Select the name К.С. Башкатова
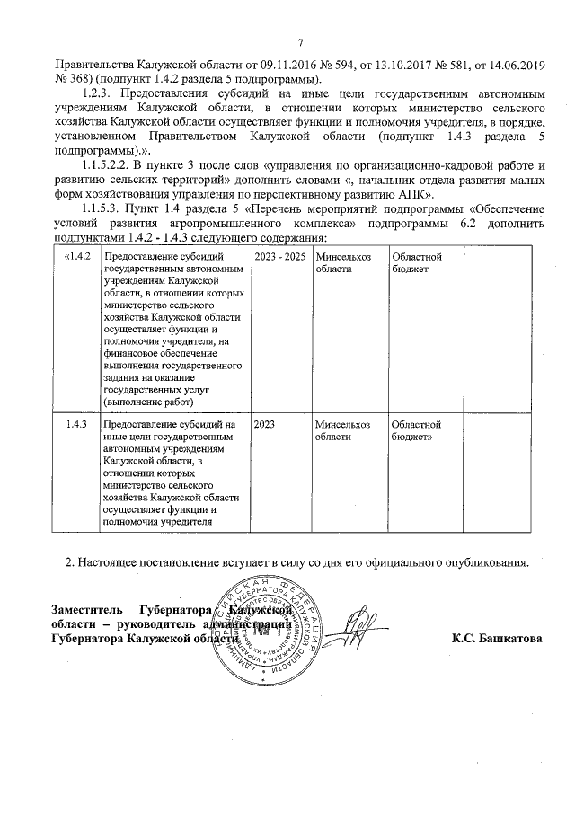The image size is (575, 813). point(496,639)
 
